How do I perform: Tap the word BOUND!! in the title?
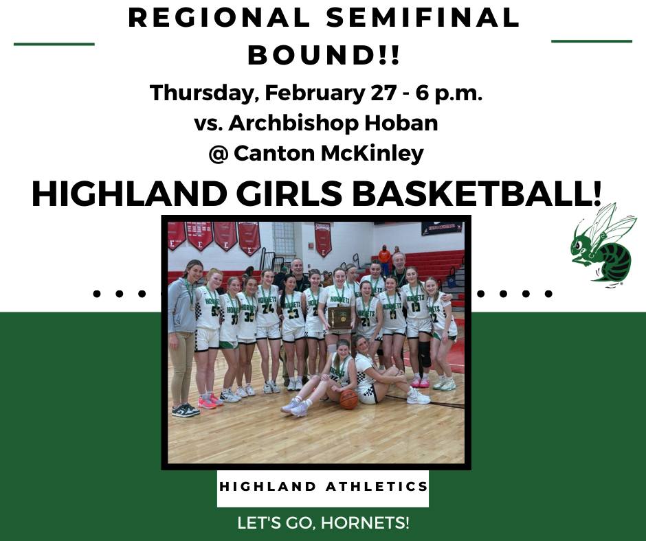point(324,55)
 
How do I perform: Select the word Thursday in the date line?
point(202,94)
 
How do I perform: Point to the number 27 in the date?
point(384,93)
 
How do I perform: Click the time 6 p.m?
point(449,94)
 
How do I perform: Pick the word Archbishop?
point(292,123)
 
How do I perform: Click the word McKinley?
point(372,154)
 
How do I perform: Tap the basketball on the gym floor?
point(348,400)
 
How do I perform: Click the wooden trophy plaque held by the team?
point(340,317)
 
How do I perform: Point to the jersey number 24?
point(267,308)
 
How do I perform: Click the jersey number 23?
point(293,314)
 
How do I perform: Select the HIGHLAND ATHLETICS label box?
point(323,488)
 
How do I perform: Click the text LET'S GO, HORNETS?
point(324,523)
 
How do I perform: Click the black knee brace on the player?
point(425,354)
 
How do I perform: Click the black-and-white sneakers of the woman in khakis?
point(186,410)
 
